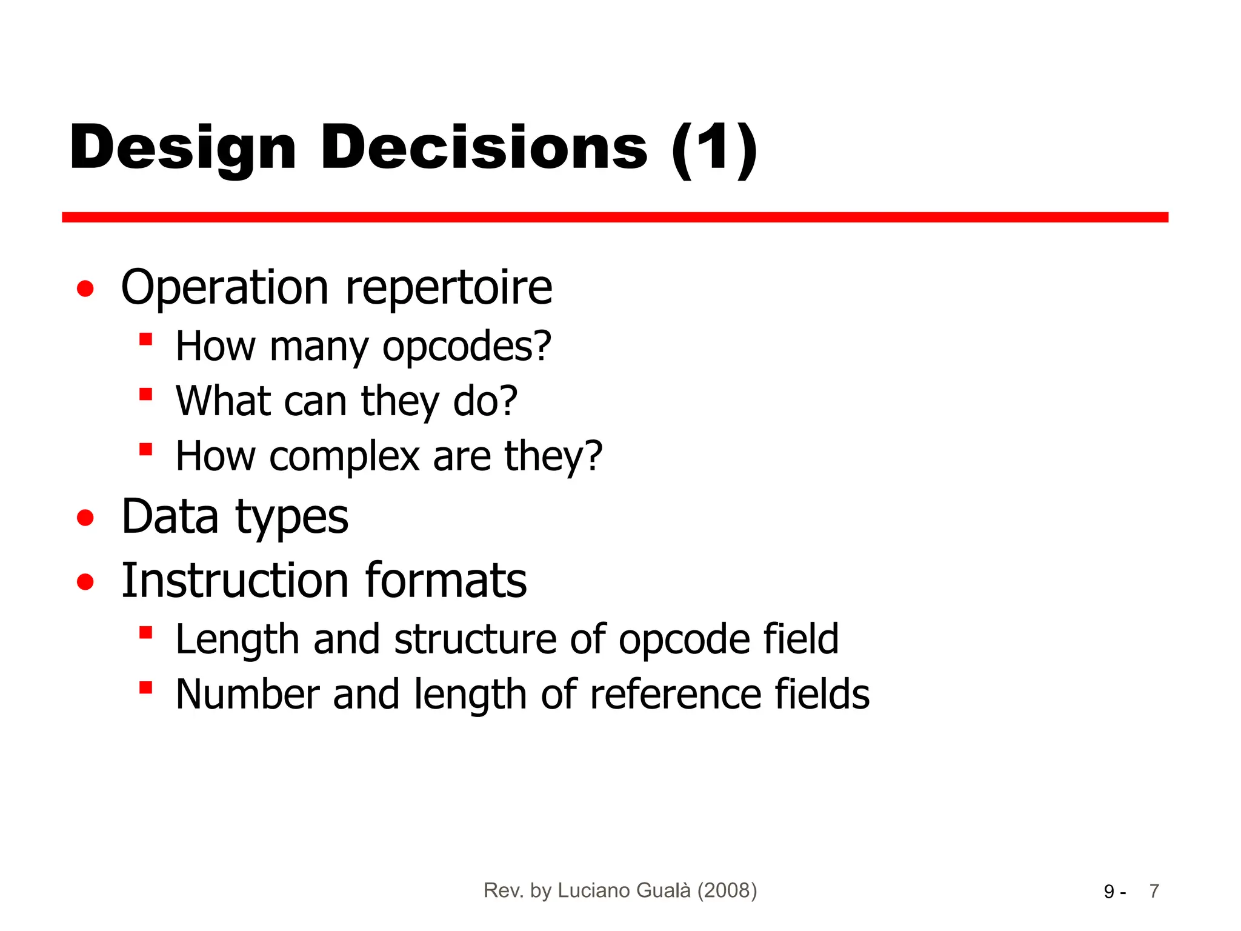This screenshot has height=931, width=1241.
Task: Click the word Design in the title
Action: pyautogui.click(x=182, y=148)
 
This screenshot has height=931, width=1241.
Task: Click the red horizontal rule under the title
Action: pyautogui.click(x=614, y=217)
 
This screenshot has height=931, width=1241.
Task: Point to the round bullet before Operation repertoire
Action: pyautogui.click(x=85, y=289)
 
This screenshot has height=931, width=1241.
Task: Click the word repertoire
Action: pyautogui.click(x=448, y=287)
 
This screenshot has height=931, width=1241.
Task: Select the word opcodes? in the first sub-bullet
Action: pyautogui.click(x=467, y=347)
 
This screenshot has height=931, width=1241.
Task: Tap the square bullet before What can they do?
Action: pyautogui.click(x=145, y=395)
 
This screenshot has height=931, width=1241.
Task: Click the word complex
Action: pyautogui.click(x=344, y=456)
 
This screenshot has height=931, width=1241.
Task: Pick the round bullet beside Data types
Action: pyautogui.click(x=85, y=518)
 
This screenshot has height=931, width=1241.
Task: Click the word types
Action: pyautogui.click(x=291, y=519)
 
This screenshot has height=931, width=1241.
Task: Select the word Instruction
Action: pyautogui.click(x=235, y=581)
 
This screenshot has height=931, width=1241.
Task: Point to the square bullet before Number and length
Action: pyautogui.click(x=145, y=688)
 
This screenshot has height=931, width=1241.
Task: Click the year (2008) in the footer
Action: pyautogui.click(x=727, y=890)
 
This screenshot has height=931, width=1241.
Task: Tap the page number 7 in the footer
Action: pyautogui.click(x=1154, y=891)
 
